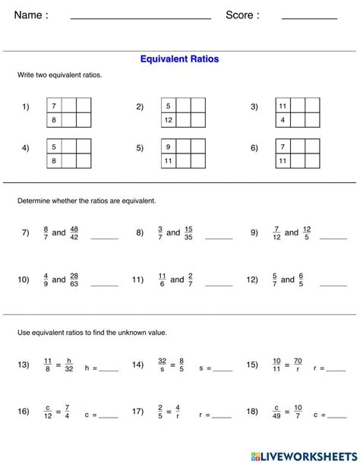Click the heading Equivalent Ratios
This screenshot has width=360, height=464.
pyautogui.click(x=179, y=58)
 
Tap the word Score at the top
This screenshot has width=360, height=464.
pyautogui.click(x=242, y=15)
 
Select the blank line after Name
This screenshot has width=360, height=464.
pyautogui.click(x=141, y=17)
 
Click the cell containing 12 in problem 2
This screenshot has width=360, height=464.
pyautogui.click(x=168, y=120)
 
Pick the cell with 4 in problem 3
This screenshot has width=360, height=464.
pyautogui.click(x=282, y=120)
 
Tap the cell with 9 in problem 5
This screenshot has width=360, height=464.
pyautogui.click(x=168, y=147)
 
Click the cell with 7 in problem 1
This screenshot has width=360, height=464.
pyautogui.click(x=54, y=106)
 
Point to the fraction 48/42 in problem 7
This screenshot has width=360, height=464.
pyautogui.click(x=74, y=233)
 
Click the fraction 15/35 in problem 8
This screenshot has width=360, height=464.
pyautogui.click(x=188, y=233)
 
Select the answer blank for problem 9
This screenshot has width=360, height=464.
pyautogui.click(x=333, y=238)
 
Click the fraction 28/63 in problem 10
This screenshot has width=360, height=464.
pyautogui.click(x=74, y=279)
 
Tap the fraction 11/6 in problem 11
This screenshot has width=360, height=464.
pyautogui.click(x=162, y=279)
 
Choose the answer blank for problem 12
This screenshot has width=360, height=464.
pyautogui.click(x=333, y=285)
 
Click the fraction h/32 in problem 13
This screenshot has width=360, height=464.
pyautogui.click(x=68, y=365)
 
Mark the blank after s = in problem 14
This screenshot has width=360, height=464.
pyautogui.click(x=223, y=371)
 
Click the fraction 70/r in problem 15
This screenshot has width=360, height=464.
pyautogui.click(x=298, y=365)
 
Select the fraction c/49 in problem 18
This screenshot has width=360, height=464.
pyautogui.click(x=277, y=412)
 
